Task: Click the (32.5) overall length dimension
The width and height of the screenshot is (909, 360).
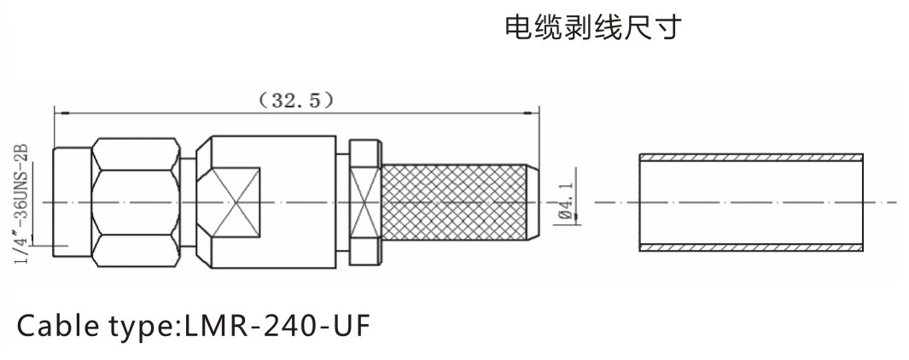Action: [x=295, y=100]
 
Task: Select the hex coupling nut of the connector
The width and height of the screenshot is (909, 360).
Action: [x=136, y=202]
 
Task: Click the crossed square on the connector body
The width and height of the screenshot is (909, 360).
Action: [x=235, y=201]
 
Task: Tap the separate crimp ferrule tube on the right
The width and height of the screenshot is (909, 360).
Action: [x=751, y=202]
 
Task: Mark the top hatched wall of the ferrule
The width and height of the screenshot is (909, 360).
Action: [x=751, y=157]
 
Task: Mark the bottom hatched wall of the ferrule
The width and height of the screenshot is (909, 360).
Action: [x=751, y=248]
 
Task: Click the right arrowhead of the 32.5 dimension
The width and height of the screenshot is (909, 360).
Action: [x=534, y=111]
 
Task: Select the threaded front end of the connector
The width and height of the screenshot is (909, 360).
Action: [x=71, y=202]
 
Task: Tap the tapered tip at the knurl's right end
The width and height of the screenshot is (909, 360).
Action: [x=529, y=202]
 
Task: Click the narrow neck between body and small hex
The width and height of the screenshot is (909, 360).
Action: [x=342, y=202]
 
